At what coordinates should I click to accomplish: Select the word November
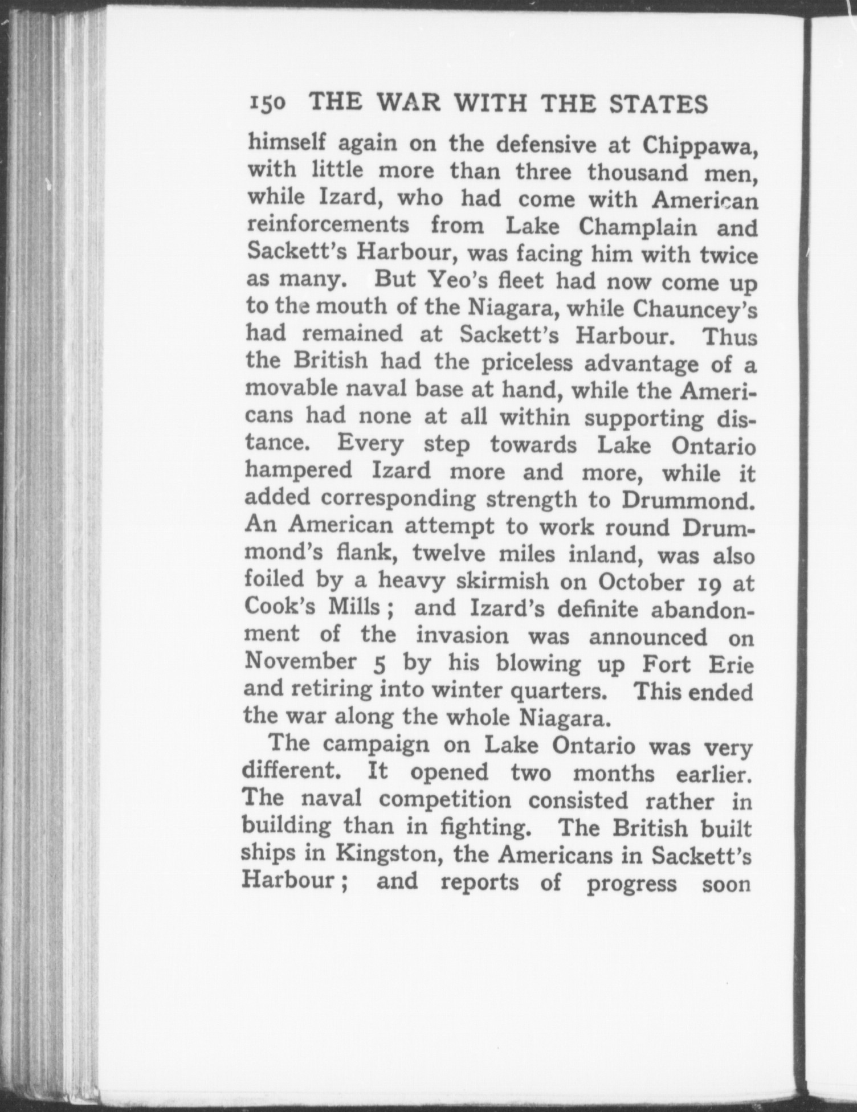point(300,663)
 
